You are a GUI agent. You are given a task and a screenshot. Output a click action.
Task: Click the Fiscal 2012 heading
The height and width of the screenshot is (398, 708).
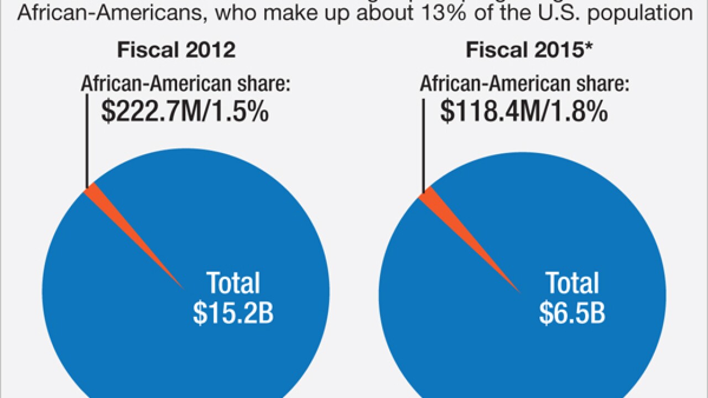click(176, 50)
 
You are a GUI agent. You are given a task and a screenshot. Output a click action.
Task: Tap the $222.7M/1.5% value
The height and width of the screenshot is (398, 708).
click(185, 112)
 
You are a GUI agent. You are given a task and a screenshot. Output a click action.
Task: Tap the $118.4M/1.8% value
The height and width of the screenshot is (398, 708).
click(524, 112)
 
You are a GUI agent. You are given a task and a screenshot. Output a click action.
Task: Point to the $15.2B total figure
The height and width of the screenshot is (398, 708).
click(233, 312)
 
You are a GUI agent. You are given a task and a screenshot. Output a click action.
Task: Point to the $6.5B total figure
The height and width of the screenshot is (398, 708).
click(572, 312)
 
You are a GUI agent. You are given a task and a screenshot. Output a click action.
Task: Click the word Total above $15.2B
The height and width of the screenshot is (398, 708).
click(233, 284)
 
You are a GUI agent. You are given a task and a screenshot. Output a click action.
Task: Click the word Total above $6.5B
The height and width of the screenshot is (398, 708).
click(572, 284)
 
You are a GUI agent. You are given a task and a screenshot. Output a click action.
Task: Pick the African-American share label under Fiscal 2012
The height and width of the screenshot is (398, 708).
click(186, 84)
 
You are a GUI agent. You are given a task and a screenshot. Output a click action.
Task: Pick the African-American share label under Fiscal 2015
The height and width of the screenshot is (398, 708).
click(524, 84)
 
